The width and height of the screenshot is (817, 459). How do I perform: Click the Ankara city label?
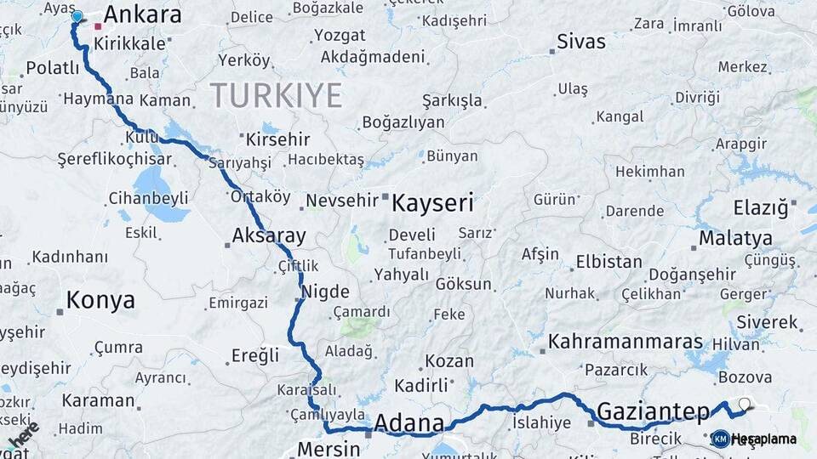[x=142, y=14]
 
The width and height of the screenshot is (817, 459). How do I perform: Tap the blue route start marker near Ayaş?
[x=77, y=16]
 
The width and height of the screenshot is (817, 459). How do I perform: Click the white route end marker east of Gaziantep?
[x=745, y=404]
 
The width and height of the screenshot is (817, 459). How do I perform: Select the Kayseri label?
[x=431, y=203]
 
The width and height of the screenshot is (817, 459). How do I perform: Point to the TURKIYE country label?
[x=276, y=95]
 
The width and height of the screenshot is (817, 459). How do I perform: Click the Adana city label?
[x=409, y=422]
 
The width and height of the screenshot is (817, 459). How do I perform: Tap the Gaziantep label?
[x=653, y=412]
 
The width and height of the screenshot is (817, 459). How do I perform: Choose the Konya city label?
[x=100, y=300]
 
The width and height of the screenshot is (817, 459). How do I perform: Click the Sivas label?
[x=581, y=42]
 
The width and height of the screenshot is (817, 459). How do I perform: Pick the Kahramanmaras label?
[x=626, y=342]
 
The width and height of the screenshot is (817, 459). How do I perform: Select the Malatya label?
[x=735, y=237]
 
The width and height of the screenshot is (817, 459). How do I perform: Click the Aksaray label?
[x=269, y=235]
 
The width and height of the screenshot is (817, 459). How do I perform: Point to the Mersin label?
[x=329, y=449]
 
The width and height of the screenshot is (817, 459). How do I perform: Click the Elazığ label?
[x=761, y=207]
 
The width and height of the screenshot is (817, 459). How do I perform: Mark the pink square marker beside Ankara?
[x=98, y=26]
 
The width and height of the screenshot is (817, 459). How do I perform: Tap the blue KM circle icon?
[x=720, y=439]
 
